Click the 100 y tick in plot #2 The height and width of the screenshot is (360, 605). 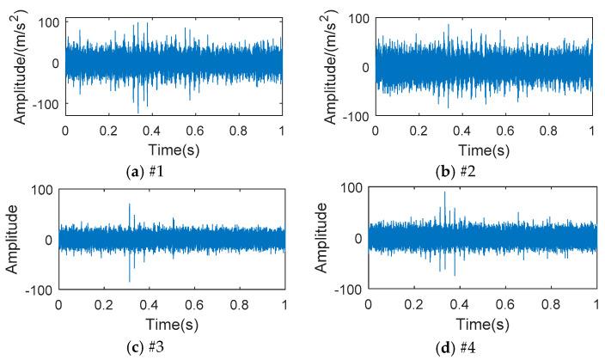point(357,18)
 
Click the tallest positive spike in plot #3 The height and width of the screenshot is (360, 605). point(130,204)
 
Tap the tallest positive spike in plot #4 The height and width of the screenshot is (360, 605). point(444,192)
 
